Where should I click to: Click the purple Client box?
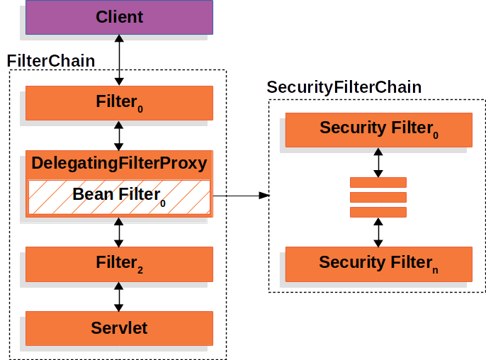[119, 17]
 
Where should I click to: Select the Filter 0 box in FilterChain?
[119, 103]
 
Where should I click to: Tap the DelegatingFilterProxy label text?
[119, 163]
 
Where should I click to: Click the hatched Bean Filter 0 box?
[119, 197]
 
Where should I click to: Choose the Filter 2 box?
[119, 264]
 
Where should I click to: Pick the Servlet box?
[119, 328]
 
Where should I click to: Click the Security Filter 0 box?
[379, 130]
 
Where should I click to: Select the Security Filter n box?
[379, 264]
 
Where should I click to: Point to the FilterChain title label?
[51, 61]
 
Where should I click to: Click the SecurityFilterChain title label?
[344, 87]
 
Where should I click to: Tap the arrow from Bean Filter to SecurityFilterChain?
[242, 196]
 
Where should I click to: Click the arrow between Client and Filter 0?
[119, 60]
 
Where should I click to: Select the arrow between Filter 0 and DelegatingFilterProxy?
[119, 136]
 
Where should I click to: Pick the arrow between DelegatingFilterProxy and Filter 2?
[119, 232]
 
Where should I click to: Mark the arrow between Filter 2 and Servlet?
[119, 297]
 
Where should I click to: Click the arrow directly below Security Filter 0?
[378, 162]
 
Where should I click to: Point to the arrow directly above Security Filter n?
[378, 232]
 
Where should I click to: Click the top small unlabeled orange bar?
[378, 182]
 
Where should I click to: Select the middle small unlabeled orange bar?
[378, 197]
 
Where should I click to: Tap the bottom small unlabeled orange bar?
[378, 213]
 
